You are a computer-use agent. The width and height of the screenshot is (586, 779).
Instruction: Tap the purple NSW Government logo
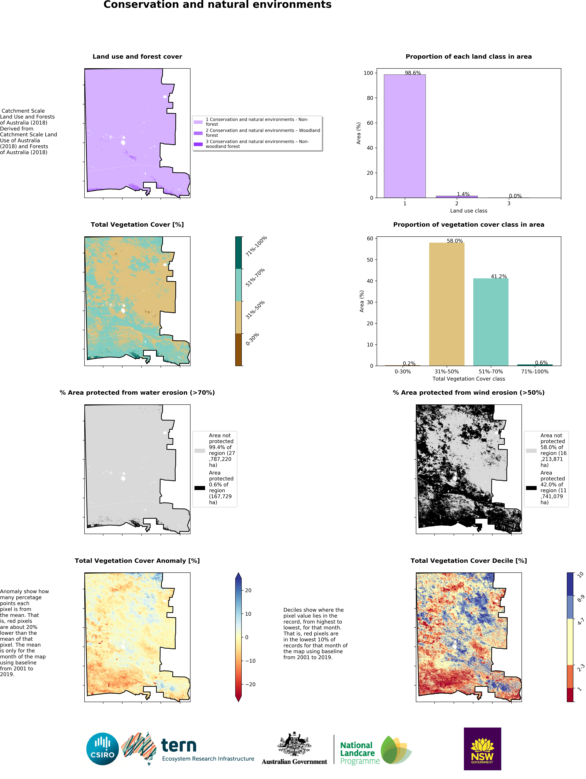[482, 749]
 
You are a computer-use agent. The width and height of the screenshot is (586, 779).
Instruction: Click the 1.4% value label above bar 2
[463, 194]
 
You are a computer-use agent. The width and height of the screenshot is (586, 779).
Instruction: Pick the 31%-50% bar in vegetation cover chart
[447, 304]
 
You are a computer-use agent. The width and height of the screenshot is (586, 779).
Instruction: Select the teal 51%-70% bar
[491, 322]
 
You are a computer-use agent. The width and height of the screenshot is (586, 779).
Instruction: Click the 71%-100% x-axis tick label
[535, 372]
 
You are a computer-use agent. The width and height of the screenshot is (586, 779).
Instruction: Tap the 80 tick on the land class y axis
[370, 98]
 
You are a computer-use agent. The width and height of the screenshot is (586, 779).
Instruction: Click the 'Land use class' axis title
[468, 211]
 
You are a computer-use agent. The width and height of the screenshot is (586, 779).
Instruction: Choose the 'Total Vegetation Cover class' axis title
[468, 379]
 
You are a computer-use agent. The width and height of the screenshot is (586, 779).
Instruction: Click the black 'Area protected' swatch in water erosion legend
[200, 488]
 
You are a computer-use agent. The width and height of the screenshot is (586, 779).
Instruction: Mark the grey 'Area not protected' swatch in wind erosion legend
[531, 450]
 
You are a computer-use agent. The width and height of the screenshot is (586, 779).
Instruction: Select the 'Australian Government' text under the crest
[294, 761]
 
